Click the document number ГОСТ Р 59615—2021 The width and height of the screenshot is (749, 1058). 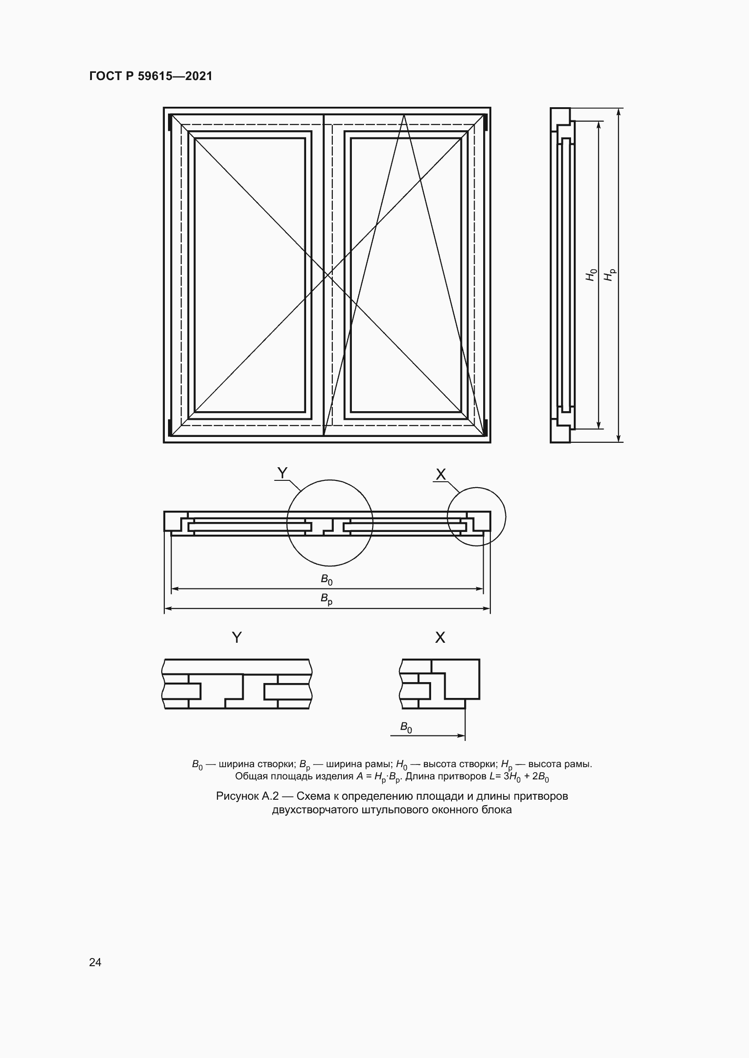(x=151, y=76)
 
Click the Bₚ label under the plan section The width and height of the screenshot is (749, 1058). (x=326, y=599)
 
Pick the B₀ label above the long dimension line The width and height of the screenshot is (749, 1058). (x=326, y=579)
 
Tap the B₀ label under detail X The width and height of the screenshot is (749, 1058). (x=406, y=727)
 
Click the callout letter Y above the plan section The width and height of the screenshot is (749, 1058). (x=282, y=473)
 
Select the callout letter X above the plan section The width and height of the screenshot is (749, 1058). (x=441, y=474)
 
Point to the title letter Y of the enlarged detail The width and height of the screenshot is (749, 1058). (x=236, y=637)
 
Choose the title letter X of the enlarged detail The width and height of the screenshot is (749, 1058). (x=440, y=637)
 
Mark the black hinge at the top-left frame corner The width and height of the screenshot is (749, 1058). (x=170, y=123)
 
